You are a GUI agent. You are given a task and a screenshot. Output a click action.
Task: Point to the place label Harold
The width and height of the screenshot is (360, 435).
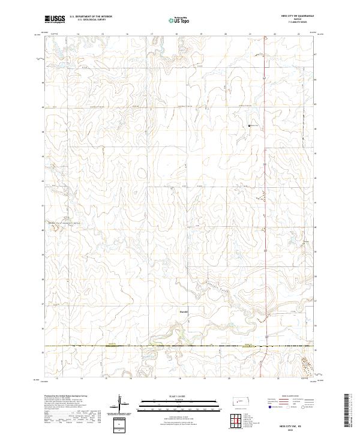click(x=184, y=311)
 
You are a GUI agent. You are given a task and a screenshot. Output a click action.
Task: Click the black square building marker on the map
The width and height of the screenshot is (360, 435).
click(x=249, y=125)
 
